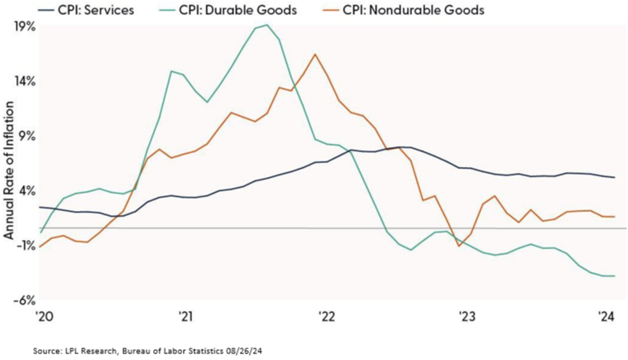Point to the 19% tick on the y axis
pyautogui.click(x=24, y=26)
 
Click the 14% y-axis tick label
pyautogui.click(x=24, y=81)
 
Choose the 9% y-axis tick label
pyautogui.click(x=26, y=136)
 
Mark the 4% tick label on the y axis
pyautogui.click(x=26, y=190)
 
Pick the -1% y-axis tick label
pyautogui.click(x=24, y=245)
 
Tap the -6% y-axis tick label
pyautogui.click(x=24, y=300)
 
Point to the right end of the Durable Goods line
pyautogui.click(x=612, y=276)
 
